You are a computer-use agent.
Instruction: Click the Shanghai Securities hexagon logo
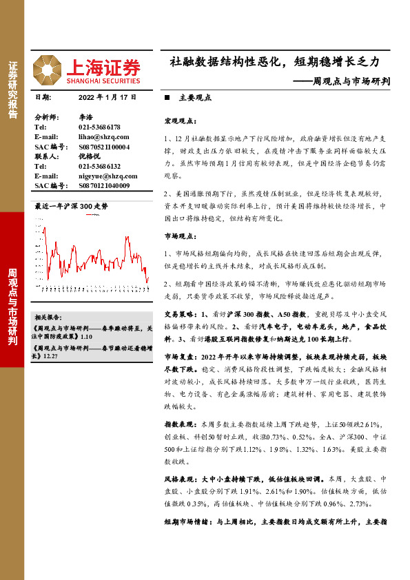click(48, 69)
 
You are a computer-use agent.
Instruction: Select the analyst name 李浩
click(85, 118)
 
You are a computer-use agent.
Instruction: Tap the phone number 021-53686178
click(99, 127)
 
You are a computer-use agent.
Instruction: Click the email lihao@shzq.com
click(99, 137)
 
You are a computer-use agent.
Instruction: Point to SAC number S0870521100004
click(103, 147)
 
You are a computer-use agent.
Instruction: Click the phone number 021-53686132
click(99, 166)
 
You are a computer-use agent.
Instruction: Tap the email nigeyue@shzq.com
click(103, 176)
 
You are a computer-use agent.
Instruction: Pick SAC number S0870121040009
click(103, 185)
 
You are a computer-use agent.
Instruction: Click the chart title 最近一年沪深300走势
click(72, 206)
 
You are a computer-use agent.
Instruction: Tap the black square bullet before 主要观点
click(167, 99)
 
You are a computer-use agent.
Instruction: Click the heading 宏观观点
click(179, 121)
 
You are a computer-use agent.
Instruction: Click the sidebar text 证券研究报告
click(12, 90)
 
